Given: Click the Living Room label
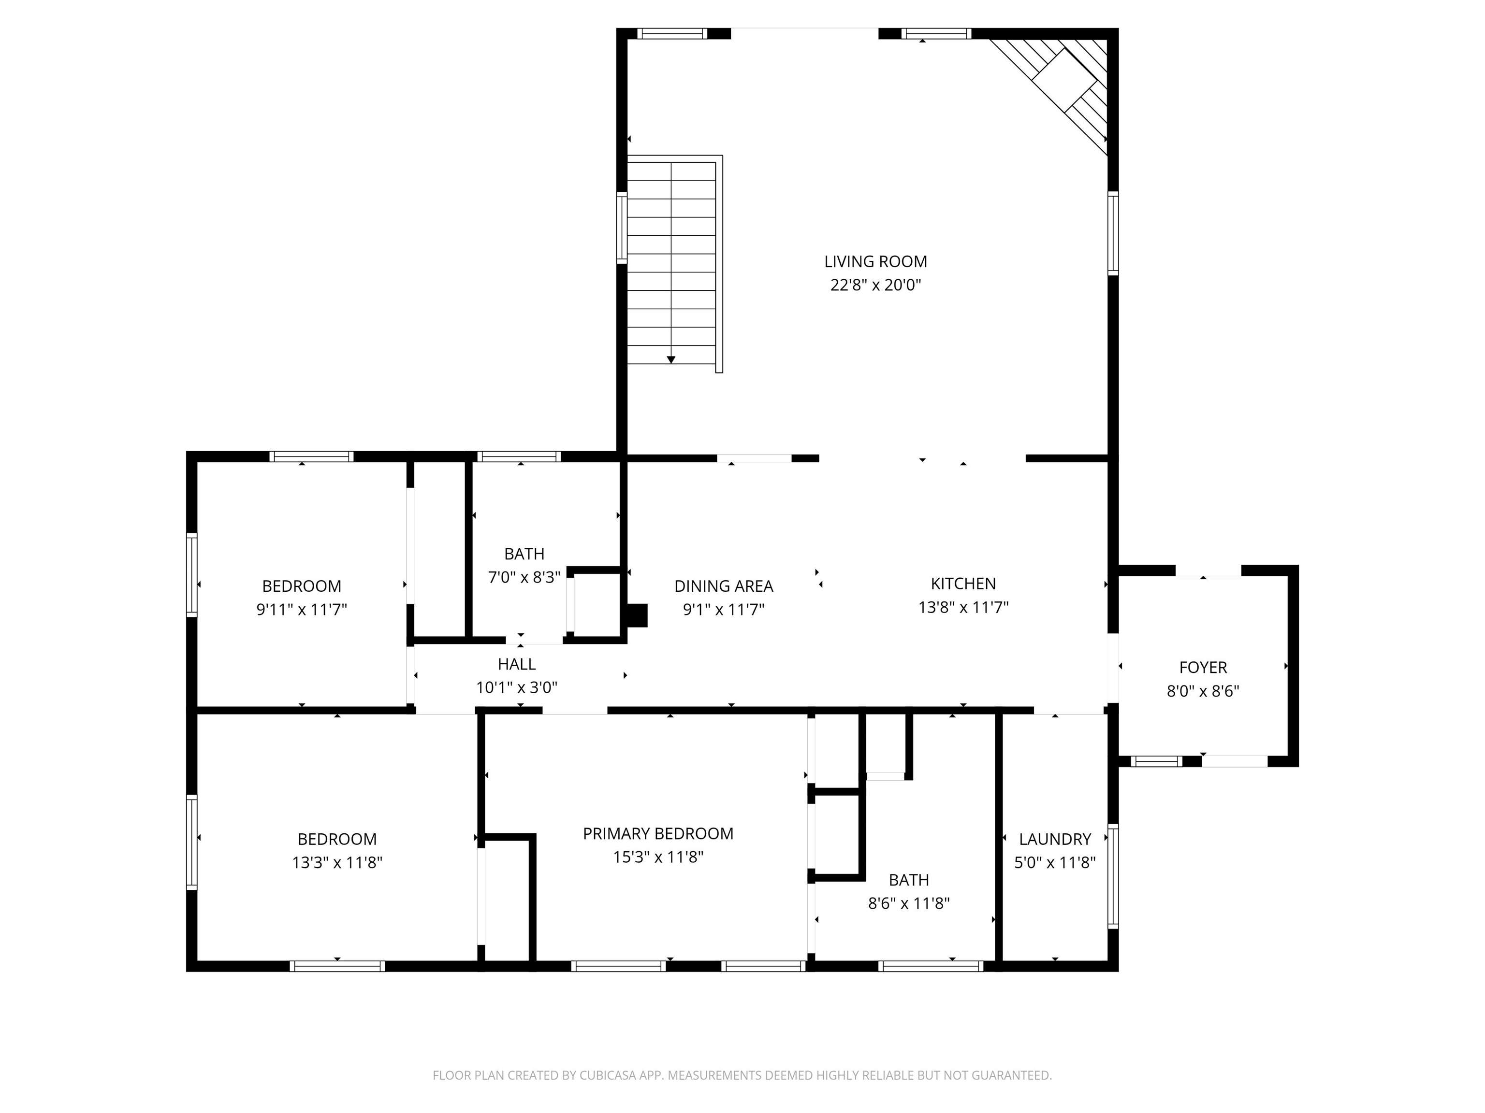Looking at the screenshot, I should [x=875, y=262].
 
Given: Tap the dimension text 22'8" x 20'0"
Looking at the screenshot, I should [x=875, y=285].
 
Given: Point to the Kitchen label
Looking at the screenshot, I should [x=963, y=584].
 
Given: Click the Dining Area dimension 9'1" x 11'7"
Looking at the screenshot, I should [x=724, y=610].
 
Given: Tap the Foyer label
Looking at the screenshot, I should [x=1202, y=668].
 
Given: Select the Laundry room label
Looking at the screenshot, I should [x=1055, y=839].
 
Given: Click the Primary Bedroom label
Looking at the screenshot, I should [x=658, y=834].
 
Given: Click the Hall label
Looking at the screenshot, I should [x=516, y=664].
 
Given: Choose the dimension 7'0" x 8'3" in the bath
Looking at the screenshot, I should [x=524, y=578].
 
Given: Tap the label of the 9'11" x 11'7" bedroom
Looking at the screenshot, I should [x=302, y=586].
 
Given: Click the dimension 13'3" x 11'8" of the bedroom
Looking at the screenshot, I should [x=337, y=863].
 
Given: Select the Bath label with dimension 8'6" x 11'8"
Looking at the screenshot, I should [x=908, y=880].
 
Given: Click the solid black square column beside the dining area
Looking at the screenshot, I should [x=637, y=615].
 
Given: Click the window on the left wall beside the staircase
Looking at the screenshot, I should [x=622, y=228].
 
